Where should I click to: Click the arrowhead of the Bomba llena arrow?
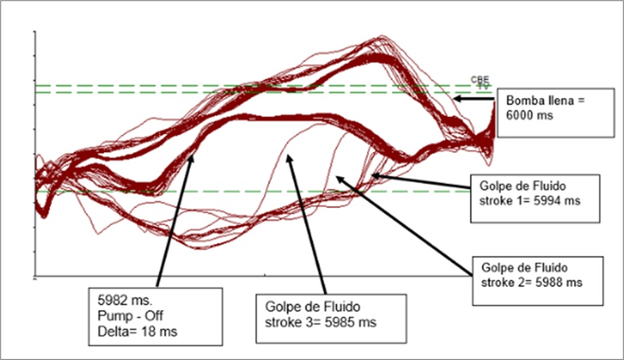(x=454, y=99)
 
